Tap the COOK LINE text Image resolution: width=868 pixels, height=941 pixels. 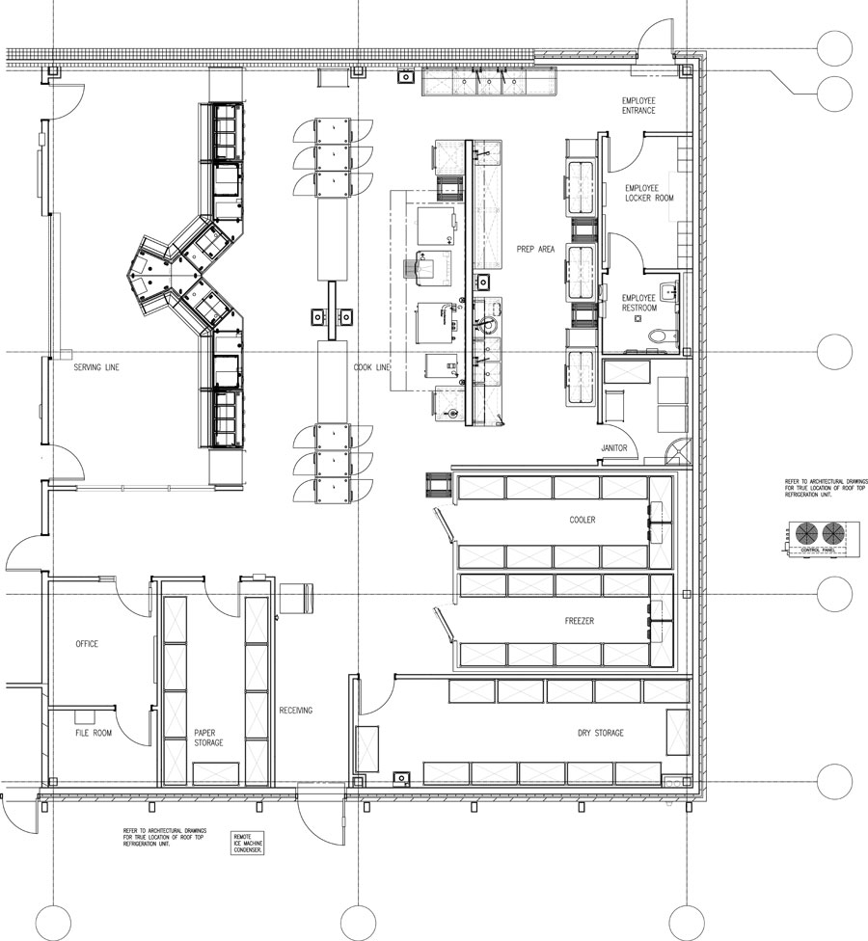point(371,367)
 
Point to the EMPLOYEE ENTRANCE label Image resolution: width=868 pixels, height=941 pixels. point(638,105)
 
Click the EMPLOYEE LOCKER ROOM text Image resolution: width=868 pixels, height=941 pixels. point(648,193)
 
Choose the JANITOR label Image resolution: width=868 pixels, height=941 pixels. point(614,447)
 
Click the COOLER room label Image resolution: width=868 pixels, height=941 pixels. point(582,520)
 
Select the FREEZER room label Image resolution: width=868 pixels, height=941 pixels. point(579,622)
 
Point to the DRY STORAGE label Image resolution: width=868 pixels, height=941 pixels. point(600,734)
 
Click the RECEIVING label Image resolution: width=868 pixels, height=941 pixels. point(295,711)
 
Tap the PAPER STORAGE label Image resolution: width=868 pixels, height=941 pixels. point(208,738)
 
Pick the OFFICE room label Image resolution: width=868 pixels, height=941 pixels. point(88,644)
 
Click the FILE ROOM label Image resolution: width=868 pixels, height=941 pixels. point(94,733)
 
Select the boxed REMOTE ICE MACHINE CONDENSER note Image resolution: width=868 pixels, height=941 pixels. point(248,844)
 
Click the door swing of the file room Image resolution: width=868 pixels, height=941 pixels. point(135,726)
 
